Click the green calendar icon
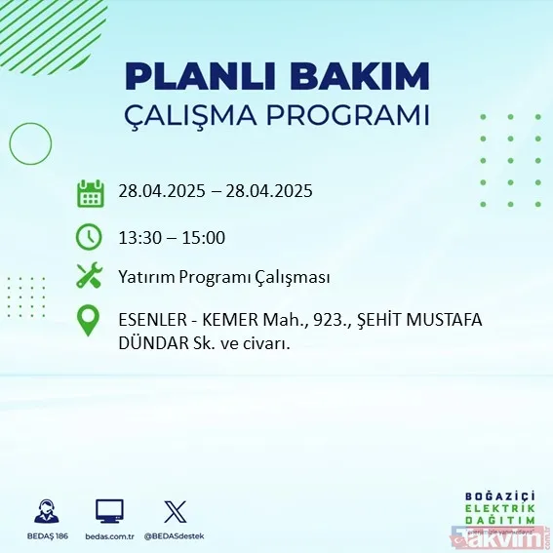[x=91, y=192]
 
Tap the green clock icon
[x=89, y=236]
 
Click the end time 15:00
[x=205, y=236]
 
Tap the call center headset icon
[x=45, y=510]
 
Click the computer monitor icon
[x=109, y=510]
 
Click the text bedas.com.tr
[x=108, y=536]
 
